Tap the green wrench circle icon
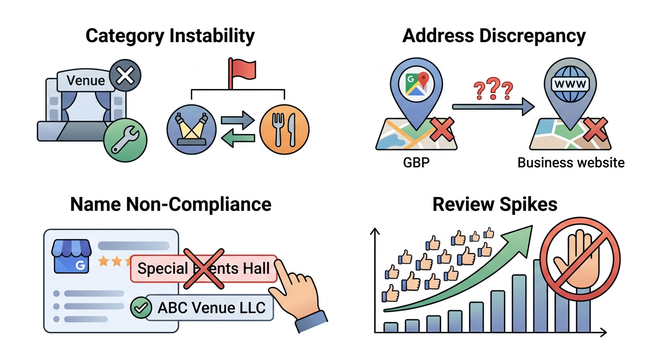coord(126,140)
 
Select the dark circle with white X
coord(125,75)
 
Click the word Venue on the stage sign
coord(86,81)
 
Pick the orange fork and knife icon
coord(285,130)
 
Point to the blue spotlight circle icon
coord(192,130)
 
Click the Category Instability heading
coord(170,36)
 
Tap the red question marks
coord(493,89)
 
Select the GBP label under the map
coord(416,162)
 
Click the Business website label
coord(571,163)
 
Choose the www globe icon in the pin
coord(570,84)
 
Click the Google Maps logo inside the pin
coord(416,84)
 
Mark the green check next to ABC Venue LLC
coord(141,307)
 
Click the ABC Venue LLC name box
coord(210,308)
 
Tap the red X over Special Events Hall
coord(204,269)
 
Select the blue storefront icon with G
coord(71,256)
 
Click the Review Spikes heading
coord(495,204)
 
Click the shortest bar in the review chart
coord(390,327)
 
